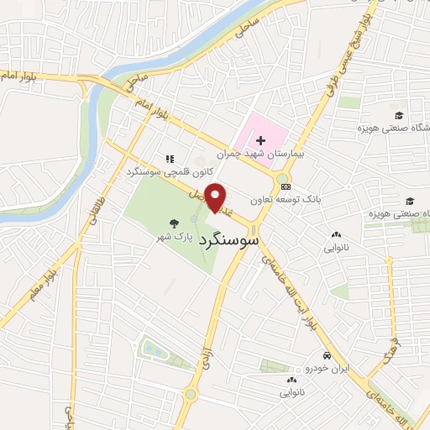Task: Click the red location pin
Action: point(218,197)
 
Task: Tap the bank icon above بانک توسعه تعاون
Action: point(286,186)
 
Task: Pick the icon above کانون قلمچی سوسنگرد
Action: point(169,158)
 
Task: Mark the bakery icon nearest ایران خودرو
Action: point(291,380)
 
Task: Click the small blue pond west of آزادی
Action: point(155,349)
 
